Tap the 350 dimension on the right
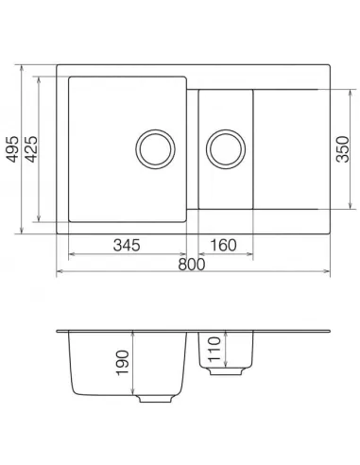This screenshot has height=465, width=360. tap(345, 149)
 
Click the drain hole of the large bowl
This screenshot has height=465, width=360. tap(155, 149)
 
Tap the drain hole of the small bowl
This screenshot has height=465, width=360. tap(226, 149)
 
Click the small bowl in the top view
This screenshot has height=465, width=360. tap(226, 118)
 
